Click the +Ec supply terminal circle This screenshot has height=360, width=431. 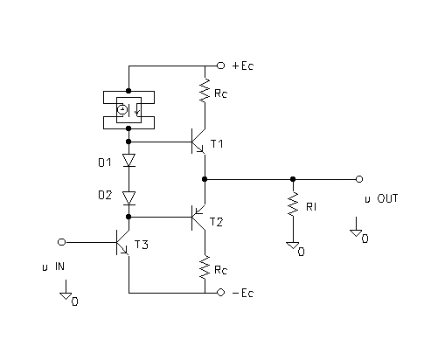coord(220,66)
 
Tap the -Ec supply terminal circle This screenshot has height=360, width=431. coord(220,293)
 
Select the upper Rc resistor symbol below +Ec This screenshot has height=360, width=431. coord(205,90)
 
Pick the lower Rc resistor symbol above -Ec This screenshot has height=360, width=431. coord(205,267)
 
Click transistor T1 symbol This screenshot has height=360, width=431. coord(198,142)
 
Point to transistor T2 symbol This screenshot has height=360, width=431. coord(198,218)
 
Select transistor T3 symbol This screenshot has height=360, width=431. coord(122,242)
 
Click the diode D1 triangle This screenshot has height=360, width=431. coord(129,160)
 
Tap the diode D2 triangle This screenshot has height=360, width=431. coord(129,198)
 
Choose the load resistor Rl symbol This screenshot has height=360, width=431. coord(293,204)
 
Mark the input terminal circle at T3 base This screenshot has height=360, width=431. coord(61,242)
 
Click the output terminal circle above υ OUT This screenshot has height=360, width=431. coord(359,179)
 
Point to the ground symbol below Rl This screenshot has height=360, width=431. coord(293,246)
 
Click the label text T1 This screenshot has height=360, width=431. coord(217,144)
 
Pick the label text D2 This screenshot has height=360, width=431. coord(105,195)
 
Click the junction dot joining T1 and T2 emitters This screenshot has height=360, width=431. coord(205,179)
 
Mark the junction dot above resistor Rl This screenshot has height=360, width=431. coord(293,179)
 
